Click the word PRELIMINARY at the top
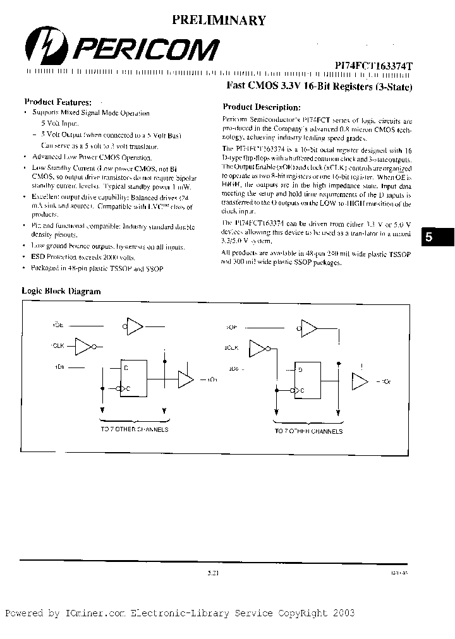coord(219,21)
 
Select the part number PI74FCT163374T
coord(373,65)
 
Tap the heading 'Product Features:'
coord(58,102)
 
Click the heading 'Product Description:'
coord(262,107)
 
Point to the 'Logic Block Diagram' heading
coord(61,291)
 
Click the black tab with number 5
coord(437,237)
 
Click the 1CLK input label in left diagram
coord(58,347)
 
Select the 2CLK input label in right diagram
coord(232,348)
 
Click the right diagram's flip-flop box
coord(308,381)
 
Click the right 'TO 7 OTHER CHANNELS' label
coord(308,431)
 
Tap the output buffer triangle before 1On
coord(185,379)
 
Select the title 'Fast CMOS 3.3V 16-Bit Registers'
coord(319,87)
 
